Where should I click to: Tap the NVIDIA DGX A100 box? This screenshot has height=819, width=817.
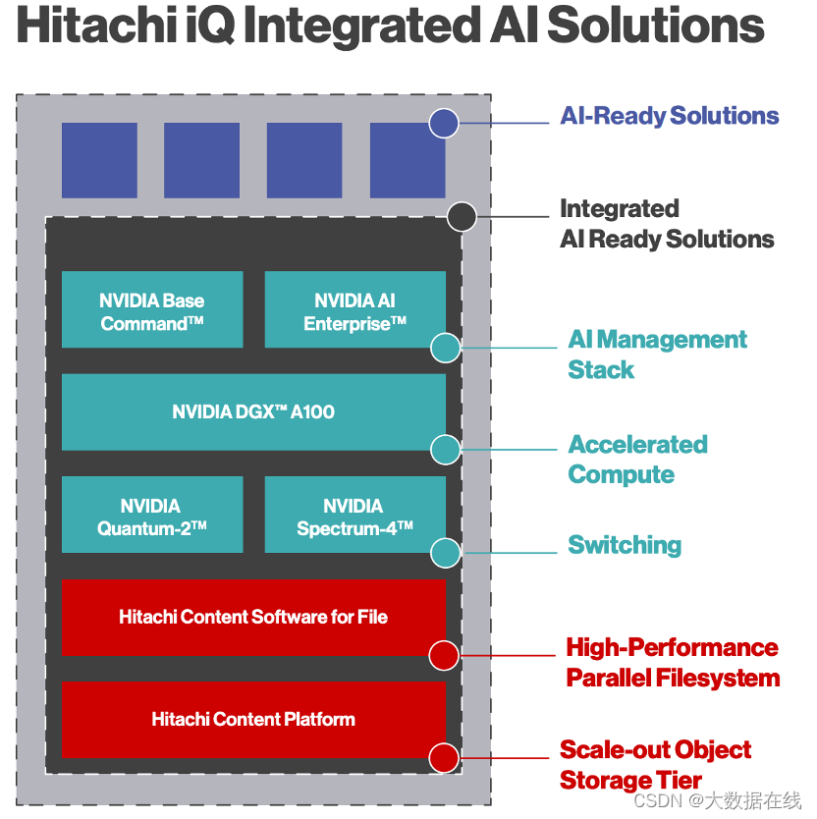253,412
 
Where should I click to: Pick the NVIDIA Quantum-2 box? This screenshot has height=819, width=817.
152,516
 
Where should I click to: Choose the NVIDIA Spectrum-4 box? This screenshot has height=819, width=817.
354,516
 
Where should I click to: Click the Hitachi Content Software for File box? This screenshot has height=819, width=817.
253,617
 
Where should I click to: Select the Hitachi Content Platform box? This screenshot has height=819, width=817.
253,719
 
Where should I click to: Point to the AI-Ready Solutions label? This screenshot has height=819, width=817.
670,116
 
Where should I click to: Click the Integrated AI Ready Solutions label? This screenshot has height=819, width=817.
667,224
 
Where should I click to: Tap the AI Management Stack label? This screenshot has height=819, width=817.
657,355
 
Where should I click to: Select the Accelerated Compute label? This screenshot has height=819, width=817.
637,460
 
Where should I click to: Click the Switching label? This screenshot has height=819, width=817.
625,545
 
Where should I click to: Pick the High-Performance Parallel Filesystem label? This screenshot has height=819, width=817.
673,663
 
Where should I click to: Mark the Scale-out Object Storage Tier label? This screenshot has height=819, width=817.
655,765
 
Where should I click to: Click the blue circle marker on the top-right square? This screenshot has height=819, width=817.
445,123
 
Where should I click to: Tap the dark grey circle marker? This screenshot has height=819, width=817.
462,216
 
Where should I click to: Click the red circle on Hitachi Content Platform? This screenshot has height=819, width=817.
445,757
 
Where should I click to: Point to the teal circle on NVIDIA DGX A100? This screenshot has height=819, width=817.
446,450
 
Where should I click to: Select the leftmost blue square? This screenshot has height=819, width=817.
99,160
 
